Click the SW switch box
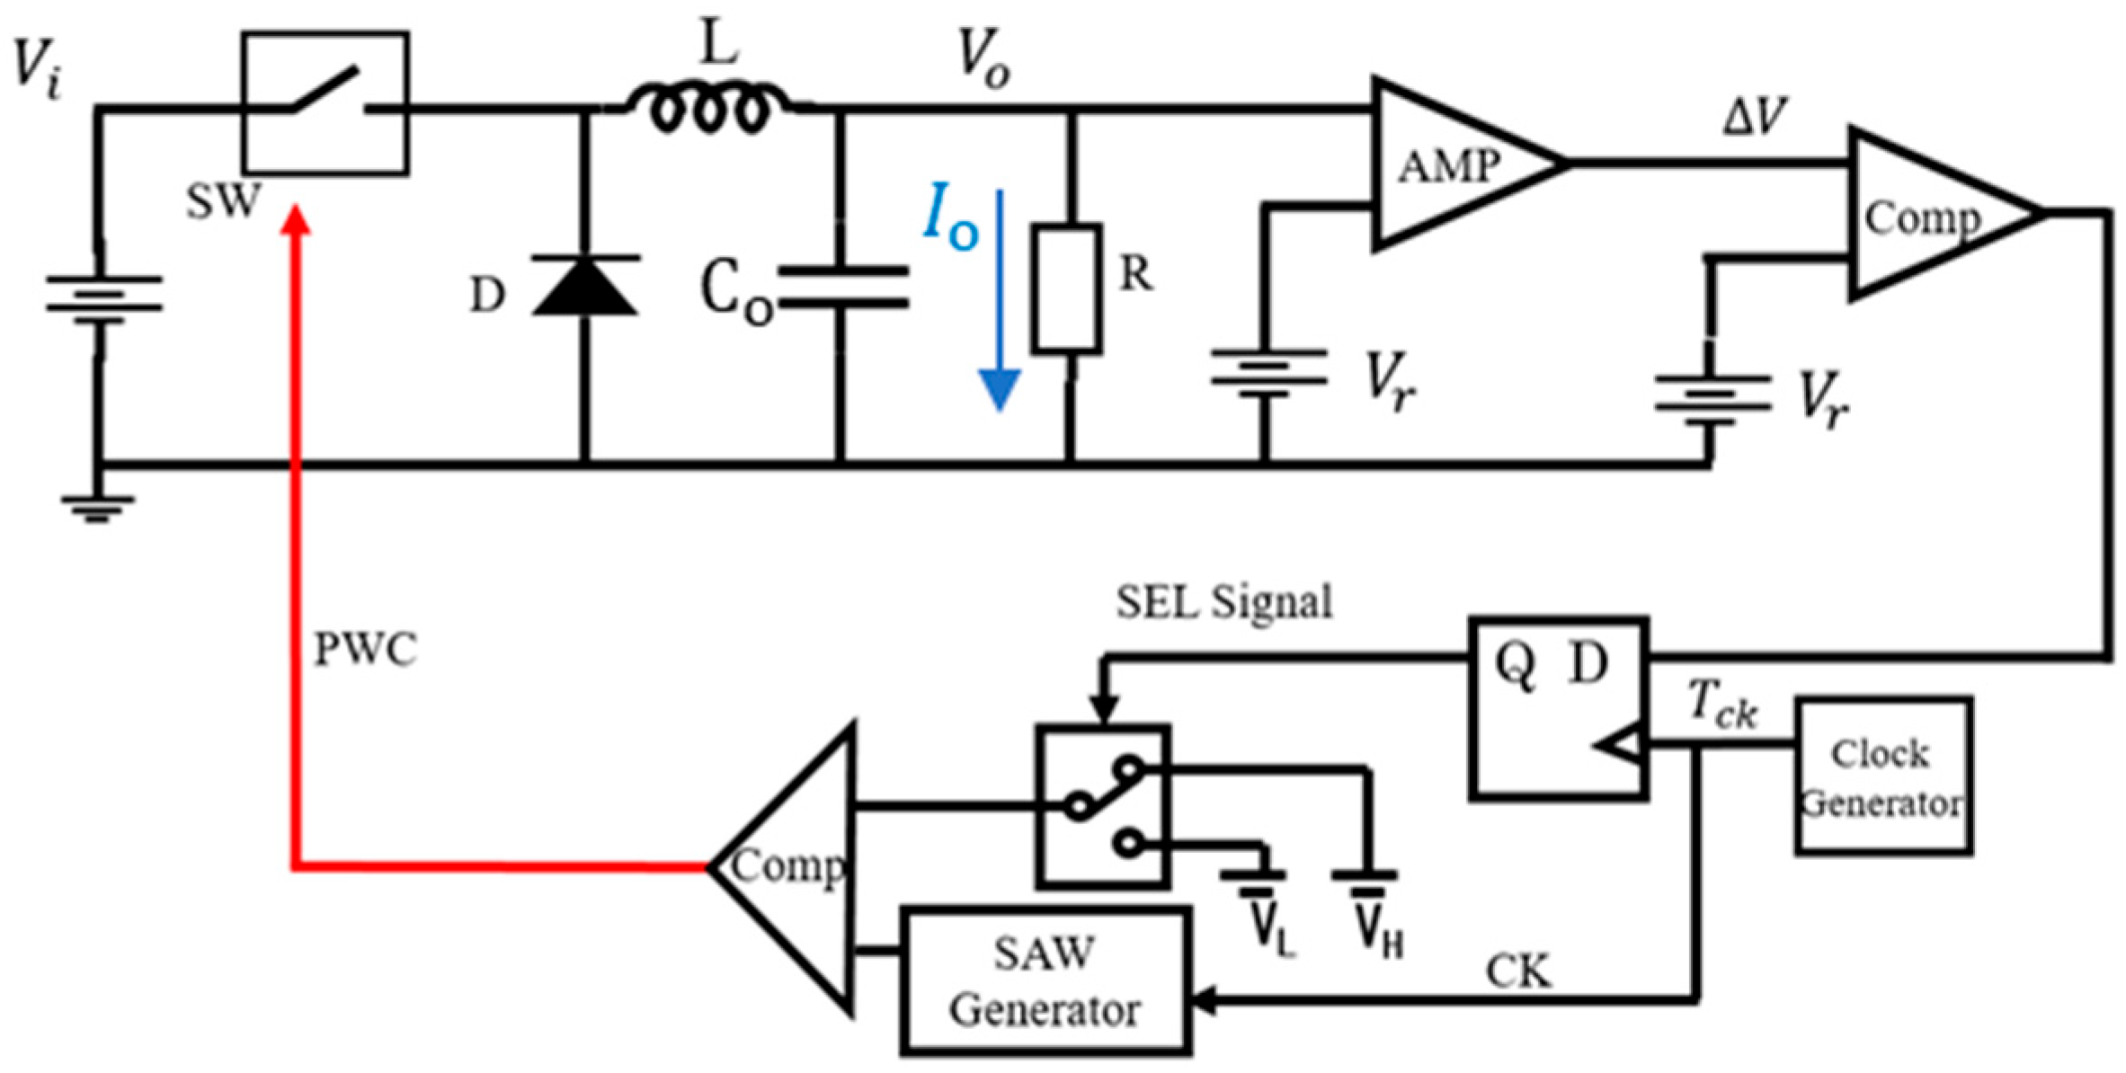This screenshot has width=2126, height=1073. pyautogui.click(x=325, y=102)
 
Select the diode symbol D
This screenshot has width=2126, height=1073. pyautogui.click(x=585, y=286)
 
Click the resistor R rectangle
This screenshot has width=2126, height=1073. pyautogui.click(x=1067, y=288)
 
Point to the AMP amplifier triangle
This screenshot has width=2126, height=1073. pyautogui.click(x=1447, y=164)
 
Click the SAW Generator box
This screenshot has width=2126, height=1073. pyautogui.click(x=1045, y=981)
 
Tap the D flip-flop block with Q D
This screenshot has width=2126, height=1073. pyautogui.click(x=1558, y=708)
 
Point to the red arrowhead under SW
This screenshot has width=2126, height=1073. pyautogui.click(x=295, y=221)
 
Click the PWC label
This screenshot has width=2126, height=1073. pyautogui.click(x=365, y=649)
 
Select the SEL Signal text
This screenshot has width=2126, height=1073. pyautogui.click(x=1223, y=602)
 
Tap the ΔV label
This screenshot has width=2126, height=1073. pyautogui.click(x=1754, y=117)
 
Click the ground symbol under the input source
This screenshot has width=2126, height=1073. pyautogui.click(x=98, y=509)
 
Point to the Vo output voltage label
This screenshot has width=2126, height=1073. pyautogui.click(x=983, y=59)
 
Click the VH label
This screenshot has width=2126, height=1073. pyautogui.click(x=1378, y=930)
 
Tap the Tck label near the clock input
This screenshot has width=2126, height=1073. pyautogui.click(x=1721, y=704)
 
